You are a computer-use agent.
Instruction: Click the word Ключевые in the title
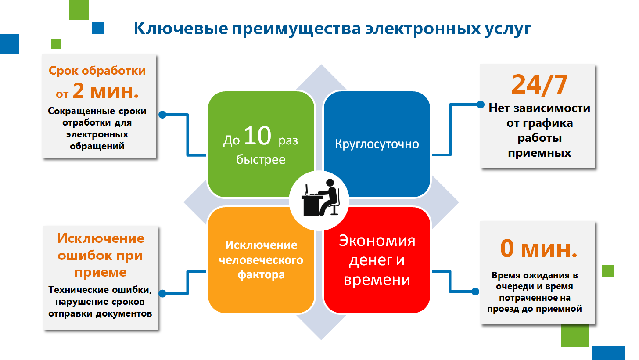pos(181,29)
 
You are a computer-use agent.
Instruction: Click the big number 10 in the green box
pos(258,136)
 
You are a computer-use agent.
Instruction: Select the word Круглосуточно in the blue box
pos(377,144)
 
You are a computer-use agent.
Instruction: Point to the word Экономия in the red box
pos(377,241)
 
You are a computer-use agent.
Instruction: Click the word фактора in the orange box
pos(261,275)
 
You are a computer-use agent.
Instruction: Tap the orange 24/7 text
pos(539,84)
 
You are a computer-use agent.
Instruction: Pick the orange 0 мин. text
pos(538,249)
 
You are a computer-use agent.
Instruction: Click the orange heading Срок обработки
pos(97,70)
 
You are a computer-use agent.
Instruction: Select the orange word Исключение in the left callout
pos(101,238)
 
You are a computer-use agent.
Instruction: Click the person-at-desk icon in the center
pos(320,198)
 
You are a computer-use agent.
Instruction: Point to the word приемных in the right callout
pos(539,153)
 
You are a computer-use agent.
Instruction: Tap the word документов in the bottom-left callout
pos(123,313)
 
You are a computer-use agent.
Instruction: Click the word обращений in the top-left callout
pos(97,146)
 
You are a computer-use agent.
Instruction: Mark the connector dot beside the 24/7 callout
pos(481,104)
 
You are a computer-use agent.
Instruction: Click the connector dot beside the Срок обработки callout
pos(162,115)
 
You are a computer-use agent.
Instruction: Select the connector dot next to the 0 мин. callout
pos(475,292)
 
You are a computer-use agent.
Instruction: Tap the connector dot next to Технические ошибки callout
pos(162,293)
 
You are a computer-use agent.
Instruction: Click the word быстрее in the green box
pos(261,160)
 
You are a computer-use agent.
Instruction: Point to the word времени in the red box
pos(377,280)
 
